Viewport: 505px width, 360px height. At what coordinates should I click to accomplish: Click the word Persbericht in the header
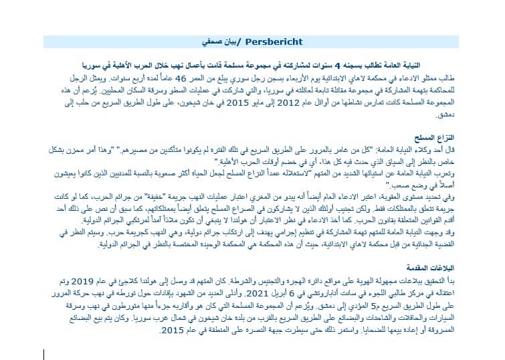pyautogui.click(x=272, y=42)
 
